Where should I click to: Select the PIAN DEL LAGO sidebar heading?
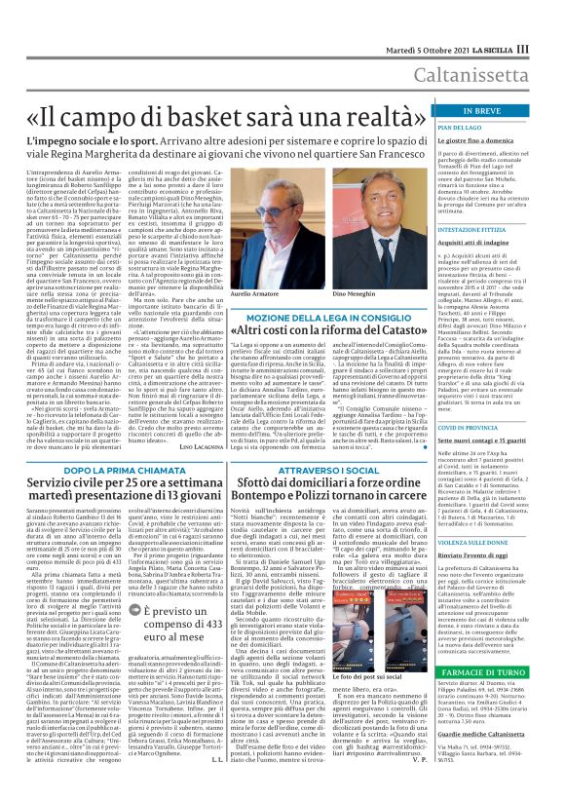click(460, 129)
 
